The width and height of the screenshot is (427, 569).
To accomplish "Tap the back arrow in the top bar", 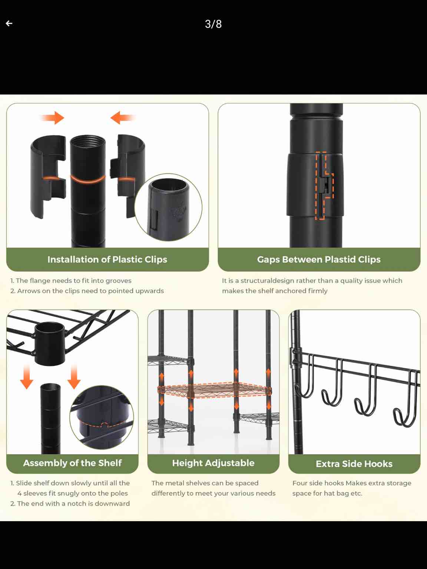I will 9,23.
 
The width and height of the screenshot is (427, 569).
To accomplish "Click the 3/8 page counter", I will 213,24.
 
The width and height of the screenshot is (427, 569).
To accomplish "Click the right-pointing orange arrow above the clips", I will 53,118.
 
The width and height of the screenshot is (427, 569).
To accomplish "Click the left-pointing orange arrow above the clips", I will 122,118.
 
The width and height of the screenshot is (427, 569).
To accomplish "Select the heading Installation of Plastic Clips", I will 107,259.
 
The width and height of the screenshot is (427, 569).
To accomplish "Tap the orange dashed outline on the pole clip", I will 324,185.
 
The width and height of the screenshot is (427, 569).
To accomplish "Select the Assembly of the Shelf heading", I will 72,463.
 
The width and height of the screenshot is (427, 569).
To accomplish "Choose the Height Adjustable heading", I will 213,463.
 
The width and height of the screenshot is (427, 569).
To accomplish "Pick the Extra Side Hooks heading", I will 354,464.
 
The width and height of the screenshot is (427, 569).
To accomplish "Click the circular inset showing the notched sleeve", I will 102,417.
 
